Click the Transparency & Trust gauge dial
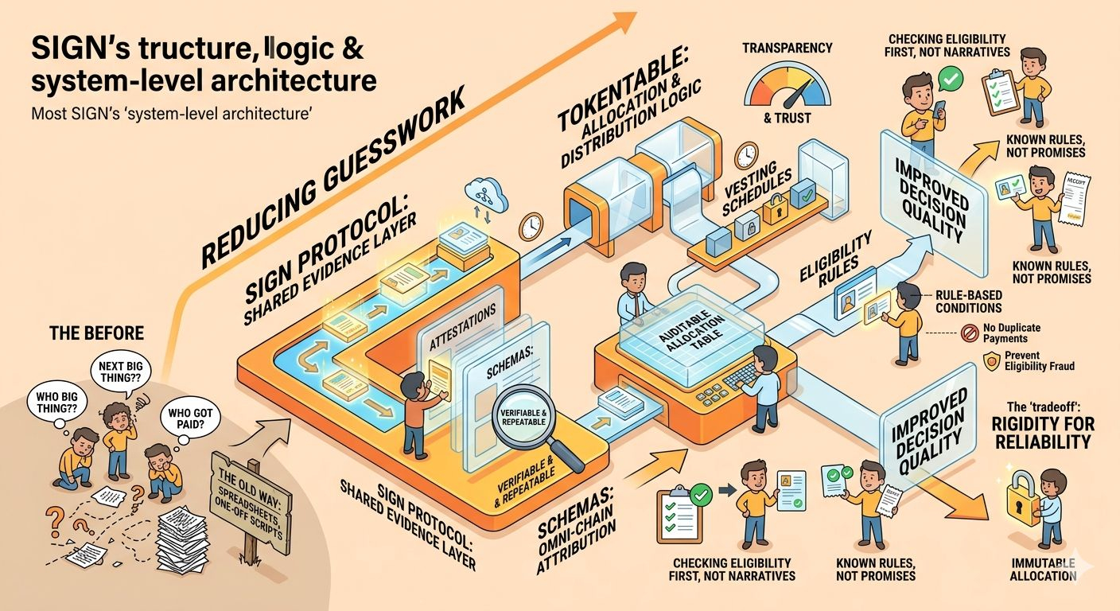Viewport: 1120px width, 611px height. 787,88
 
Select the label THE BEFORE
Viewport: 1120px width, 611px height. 87,333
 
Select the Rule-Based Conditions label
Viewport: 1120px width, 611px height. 968,300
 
